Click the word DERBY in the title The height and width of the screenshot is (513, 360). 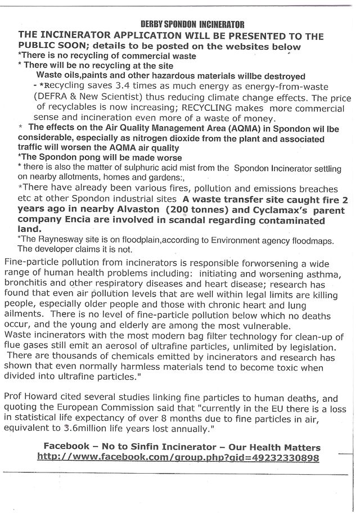[155, 25]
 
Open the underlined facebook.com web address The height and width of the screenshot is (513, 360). [178, 457]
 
